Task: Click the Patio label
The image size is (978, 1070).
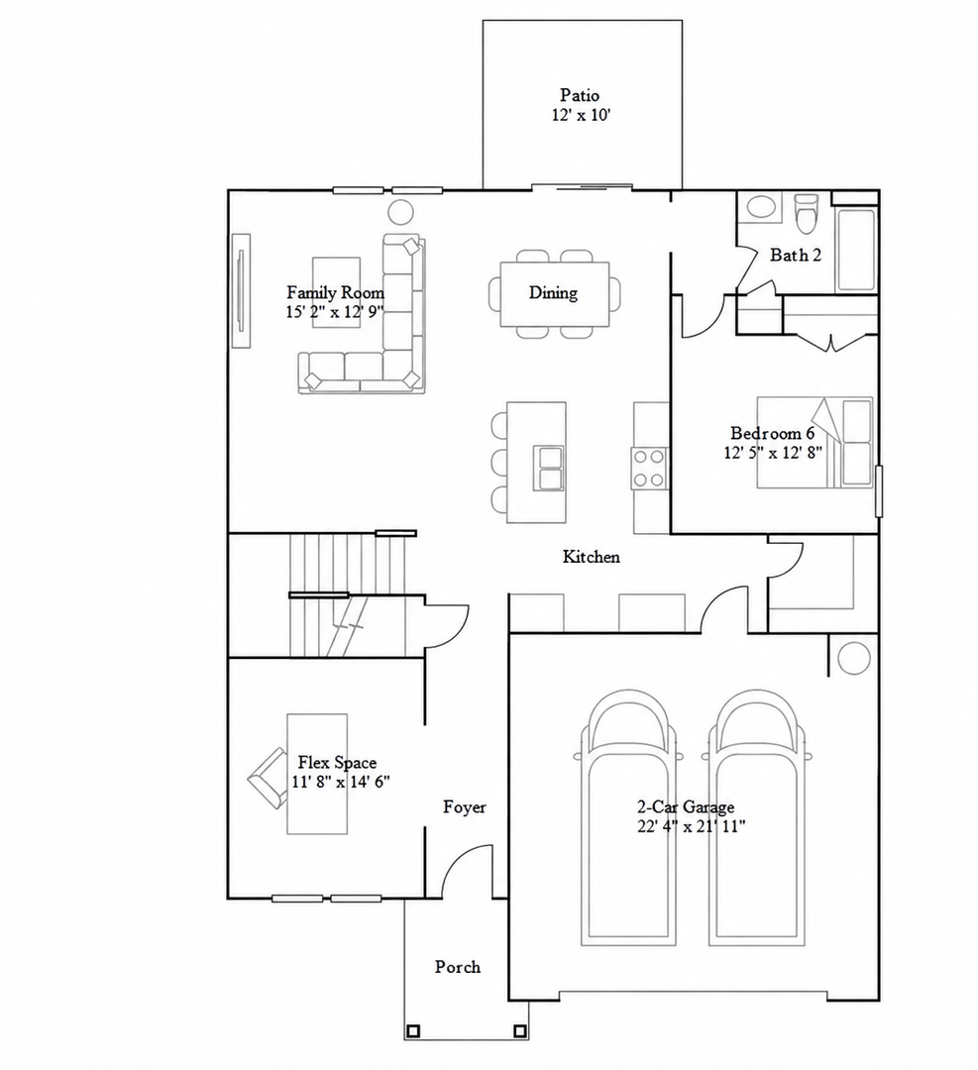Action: (580, 95)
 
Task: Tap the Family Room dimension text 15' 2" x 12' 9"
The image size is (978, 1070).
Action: (335, 312)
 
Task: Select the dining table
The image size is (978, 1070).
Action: (555, 294)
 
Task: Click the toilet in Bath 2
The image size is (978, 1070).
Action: (807, 212)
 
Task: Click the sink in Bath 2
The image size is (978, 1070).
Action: (761, 207)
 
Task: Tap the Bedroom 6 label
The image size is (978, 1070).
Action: (773, 433)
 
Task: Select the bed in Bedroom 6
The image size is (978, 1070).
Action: (815, 442)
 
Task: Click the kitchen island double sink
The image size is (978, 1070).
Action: (549, 469)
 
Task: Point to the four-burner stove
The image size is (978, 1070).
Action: (649, 468)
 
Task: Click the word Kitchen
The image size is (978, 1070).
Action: (591, 557)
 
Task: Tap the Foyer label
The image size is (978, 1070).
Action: (465, 807)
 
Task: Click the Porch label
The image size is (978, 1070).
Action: (458, 967)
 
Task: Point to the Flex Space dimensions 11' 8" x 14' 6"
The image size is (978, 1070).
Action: (341, 782)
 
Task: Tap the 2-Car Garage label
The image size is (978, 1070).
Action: (686, 806)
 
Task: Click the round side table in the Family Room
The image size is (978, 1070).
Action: (401, 212)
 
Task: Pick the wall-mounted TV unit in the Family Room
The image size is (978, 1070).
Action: (241, 290)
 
